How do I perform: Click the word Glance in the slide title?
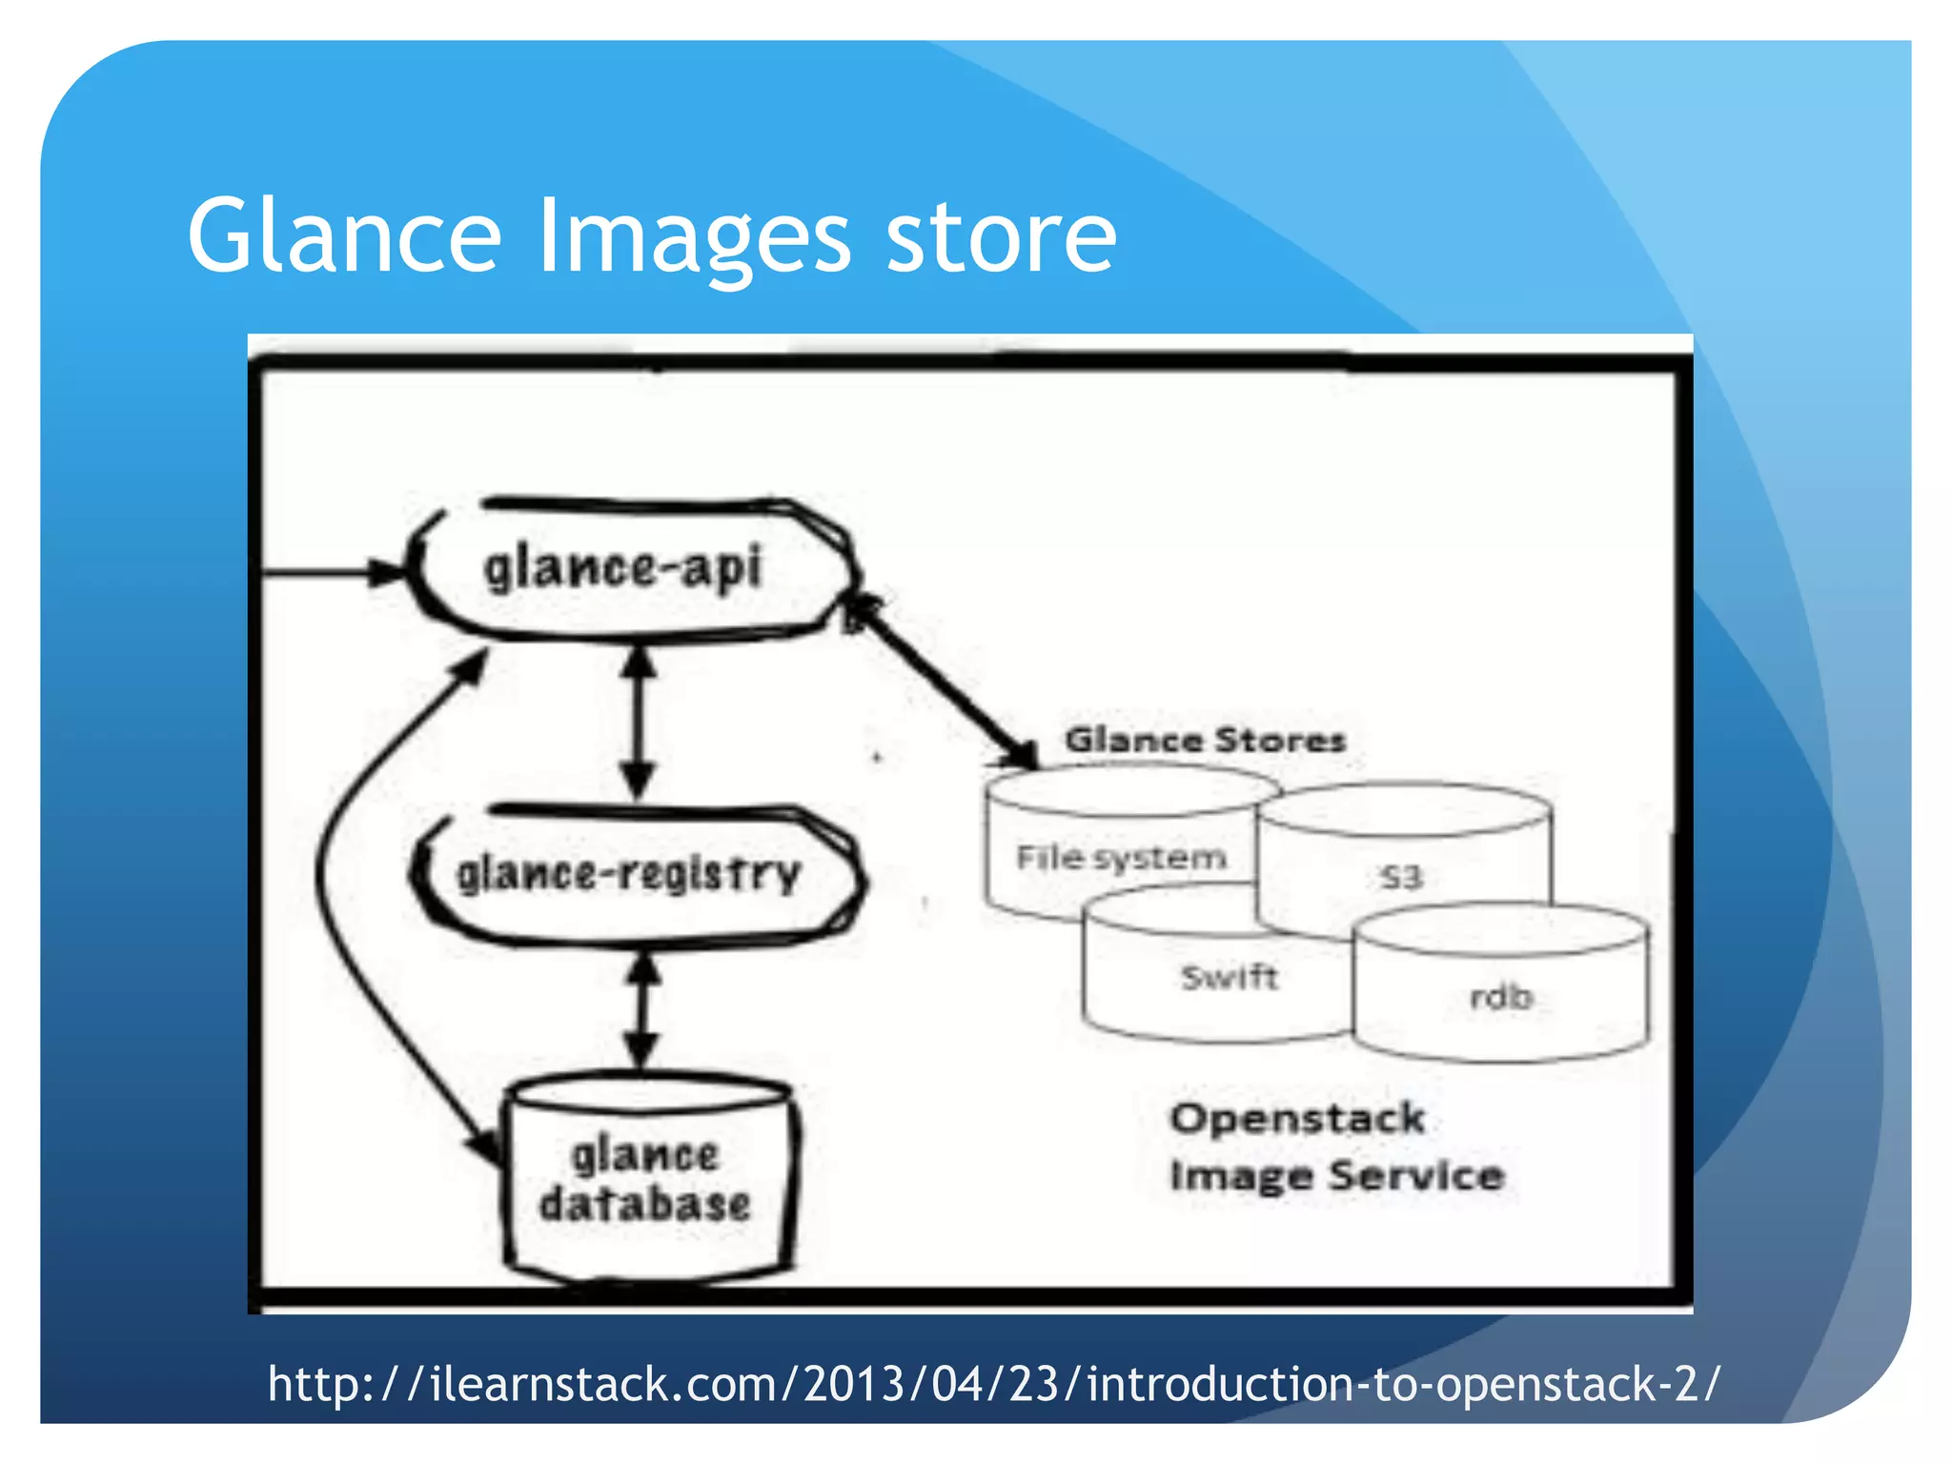pos(344,235)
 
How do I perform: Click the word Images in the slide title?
pos(694,238)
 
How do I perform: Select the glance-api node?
pos(624,569)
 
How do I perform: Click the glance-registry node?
pos(629,875)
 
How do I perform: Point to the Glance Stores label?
pos(1205,740)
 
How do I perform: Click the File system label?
pos(1121,858)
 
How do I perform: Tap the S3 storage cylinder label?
pos(1401,877)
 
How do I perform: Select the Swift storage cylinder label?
pos(1229,977)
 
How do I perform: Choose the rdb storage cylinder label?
pos(1501,997)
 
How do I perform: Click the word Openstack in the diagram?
pos(1297,1118)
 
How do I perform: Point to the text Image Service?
pos(1336,1175)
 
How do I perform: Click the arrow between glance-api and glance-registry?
pos(638,722)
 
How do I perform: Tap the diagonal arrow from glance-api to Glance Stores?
pos(944,681)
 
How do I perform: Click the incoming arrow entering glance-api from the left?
pos(324,573)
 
